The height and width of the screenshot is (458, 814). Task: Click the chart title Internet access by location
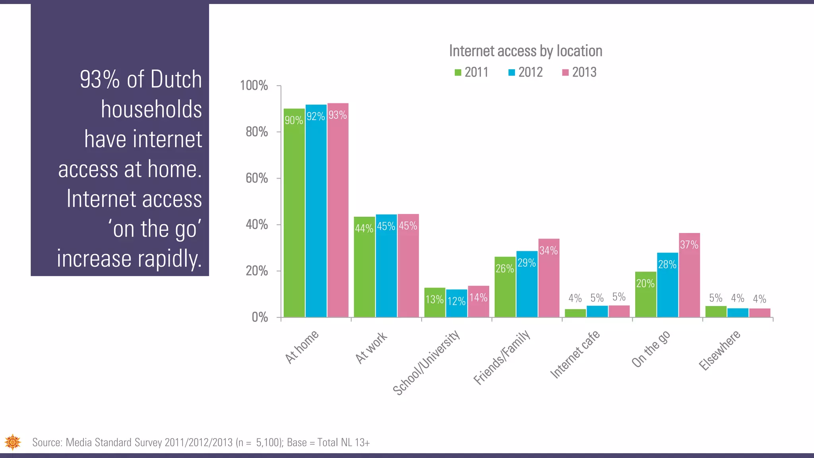(x=525, y=51)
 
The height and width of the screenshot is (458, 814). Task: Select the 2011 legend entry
(x=471, y=72)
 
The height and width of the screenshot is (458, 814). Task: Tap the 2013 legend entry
(x=579, y=72)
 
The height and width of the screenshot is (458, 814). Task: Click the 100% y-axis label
(x=254, y=85)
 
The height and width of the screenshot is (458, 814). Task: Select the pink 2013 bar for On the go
(x=689, y=278)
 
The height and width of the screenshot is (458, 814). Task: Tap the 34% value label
(x=548, y=250)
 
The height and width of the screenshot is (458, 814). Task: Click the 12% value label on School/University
(x=456, y=301)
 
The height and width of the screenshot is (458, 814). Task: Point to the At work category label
(x=371, y=348)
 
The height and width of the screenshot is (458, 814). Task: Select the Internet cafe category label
(x=575, y=354)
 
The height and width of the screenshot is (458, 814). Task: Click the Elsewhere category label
(x=720, y=350)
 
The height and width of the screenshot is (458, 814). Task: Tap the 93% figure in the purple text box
(x=100, y=79)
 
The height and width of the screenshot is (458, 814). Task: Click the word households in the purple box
(x=151, y=109)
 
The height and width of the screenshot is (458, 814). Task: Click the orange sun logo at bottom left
(x=13, y=442)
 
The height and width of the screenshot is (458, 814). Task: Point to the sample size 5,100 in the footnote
(x=268, y=442)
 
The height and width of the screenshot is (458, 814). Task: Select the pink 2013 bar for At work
(x=408, y=270)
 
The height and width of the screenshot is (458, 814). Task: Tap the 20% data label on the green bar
(x=645, y=283)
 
